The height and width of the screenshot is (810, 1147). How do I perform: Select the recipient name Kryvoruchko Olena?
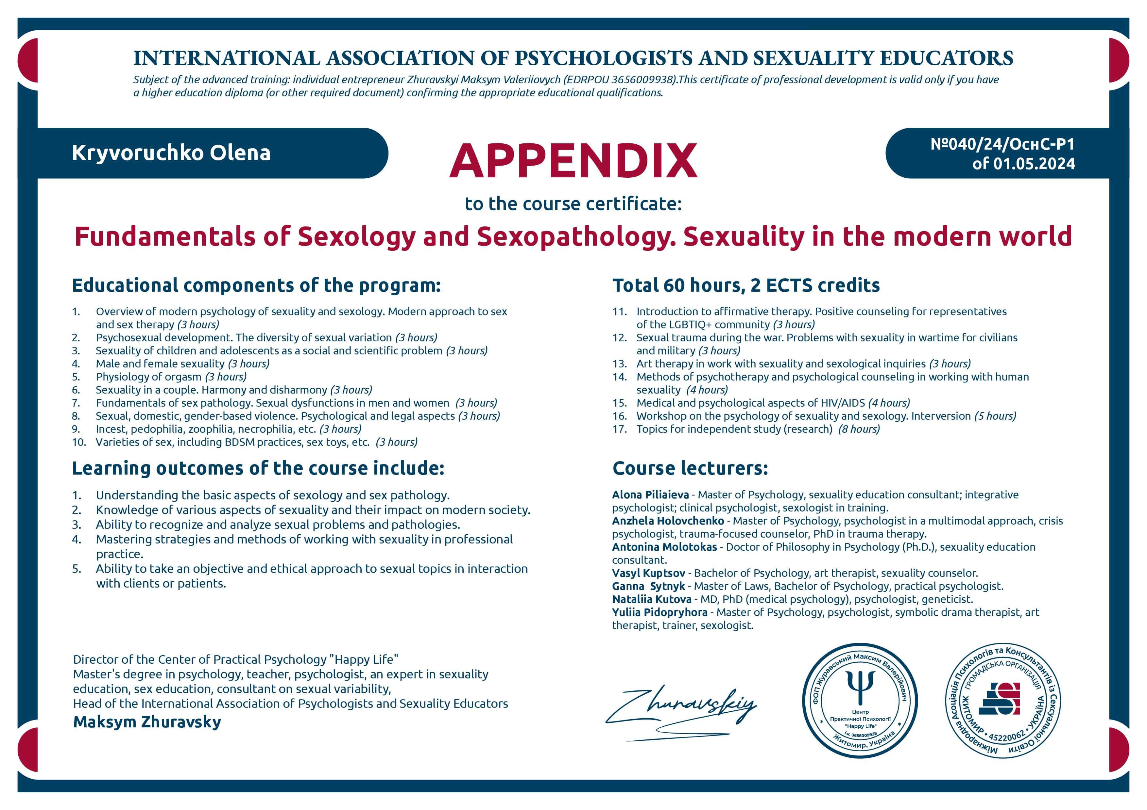tap(171, 153)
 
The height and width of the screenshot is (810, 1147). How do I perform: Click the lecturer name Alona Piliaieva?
tap(650, 494)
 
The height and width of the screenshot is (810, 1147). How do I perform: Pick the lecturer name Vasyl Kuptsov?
tap(648, 573)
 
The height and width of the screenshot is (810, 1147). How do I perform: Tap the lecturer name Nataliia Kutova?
tap(651, 599)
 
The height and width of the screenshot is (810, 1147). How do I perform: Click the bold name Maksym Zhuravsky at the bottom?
tap(147, 722)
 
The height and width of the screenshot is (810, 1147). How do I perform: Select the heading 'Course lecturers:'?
tap(690, 468)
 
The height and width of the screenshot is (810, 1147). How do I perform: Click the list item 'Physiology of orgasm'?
tap(148, 377)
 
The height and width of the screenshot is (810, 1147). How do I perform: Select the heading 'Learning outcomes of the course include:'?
tap(258, 468)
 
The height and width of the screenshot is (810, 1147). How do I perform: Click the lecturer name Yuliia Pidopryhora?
tap(659, 612)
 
